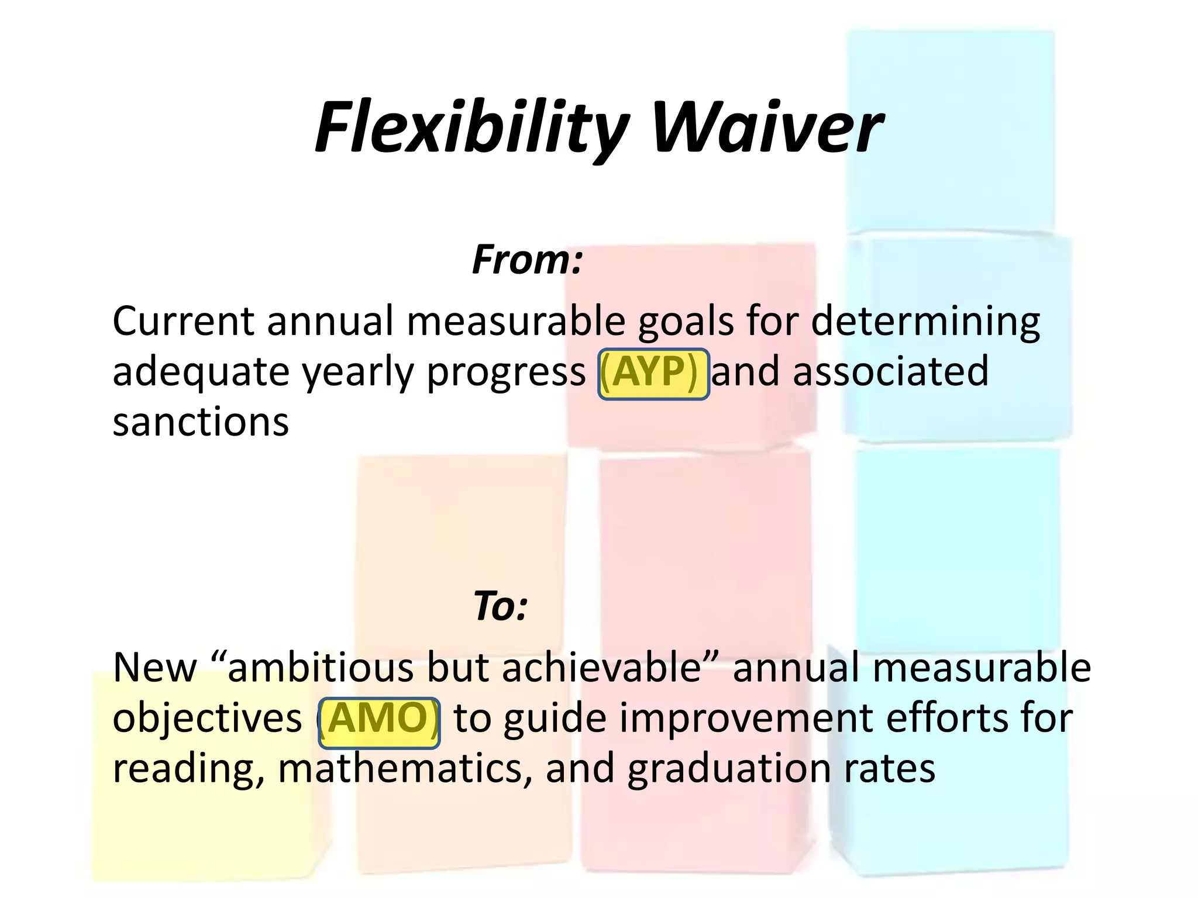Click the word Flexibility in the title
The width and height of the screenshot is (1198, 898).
[471, 127]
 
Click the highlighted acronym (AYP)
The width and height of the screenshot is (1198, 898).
[653, 373]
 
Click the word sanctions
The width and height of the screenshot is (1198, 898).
[201, 422]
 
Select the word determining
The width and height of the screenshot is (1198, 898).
[925, 323]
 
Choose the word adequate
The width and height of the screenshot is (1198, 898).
[201, 373]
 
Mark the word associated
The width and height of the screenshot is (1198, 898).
[890, 372]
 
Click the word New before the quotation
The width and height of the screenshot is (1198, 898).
[155, 668]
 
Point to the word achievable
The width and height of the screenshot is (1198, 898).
[601, 668]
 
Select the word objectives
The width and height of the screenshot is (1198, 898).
[207, 719]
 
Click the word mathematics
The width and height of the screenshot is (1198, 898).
[404, 769]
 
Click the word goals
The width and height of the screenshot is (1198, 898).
[685, 323]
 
